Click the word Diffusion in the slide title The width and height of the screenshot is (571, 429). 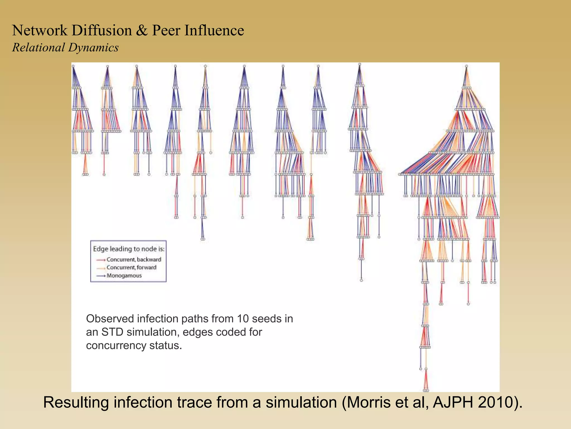tap(101, 30)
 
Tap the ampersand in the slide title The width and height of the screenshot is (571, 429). tap(142, 30)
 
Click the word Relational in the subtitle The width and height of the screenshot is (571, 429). tap(38, 47)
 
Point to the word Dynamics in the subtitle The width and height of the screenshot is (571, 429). tap(93, 47)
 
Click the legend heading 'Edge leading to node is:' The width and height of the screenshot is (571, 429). tap(129, 249)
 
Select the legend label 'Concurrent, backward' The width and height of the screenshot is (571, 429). tap(134, 259)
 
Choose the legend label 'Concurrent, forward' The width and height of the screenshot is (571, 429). tap(131, 268)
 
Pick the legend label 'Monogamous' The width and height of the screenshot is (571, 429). tap(124, 276)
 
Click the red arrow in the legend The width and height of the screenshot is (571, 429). tap(100, 260)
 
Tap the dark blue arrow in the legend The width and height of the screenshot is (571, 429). tap(100, 276)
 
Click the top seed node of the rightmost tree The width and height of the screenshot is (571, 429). tap(466, 66)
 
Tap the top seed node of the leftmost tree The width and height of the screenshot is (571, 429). tap(73, 66)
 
